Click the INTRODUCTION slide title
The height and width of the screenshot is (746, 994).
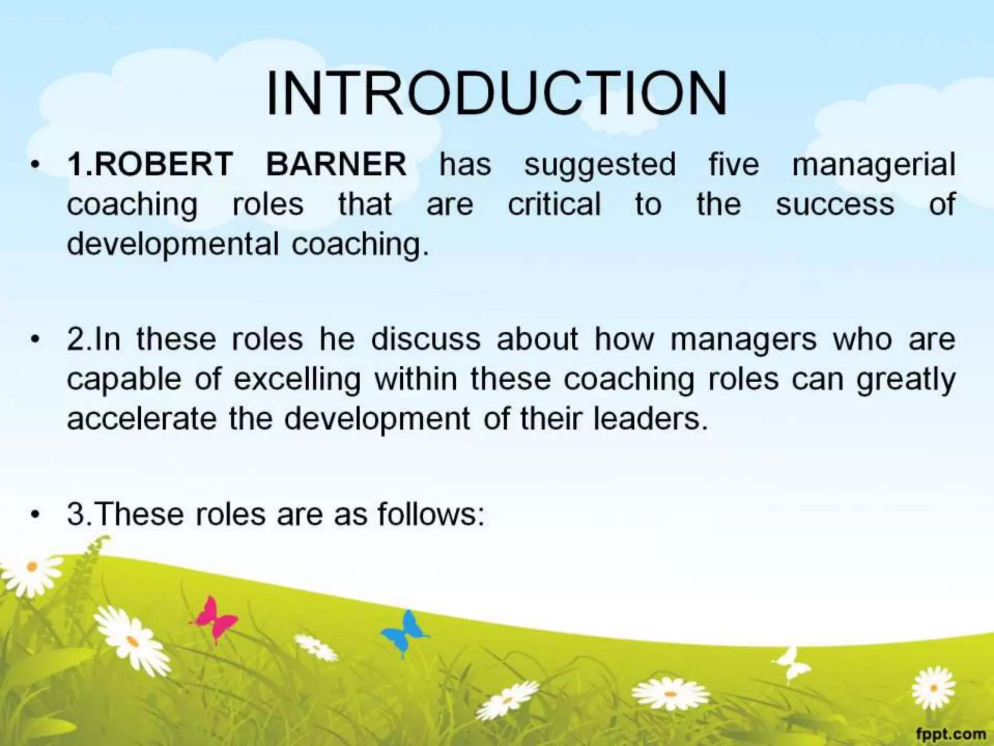[x=497, y=93]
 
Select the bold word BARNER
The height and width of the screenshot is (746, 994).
[x=336, y=164]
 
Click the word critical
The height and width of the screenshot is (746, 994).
[x=554, y=204]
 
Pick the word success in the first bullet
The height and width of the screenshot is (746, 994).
[x=834, y=204]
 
